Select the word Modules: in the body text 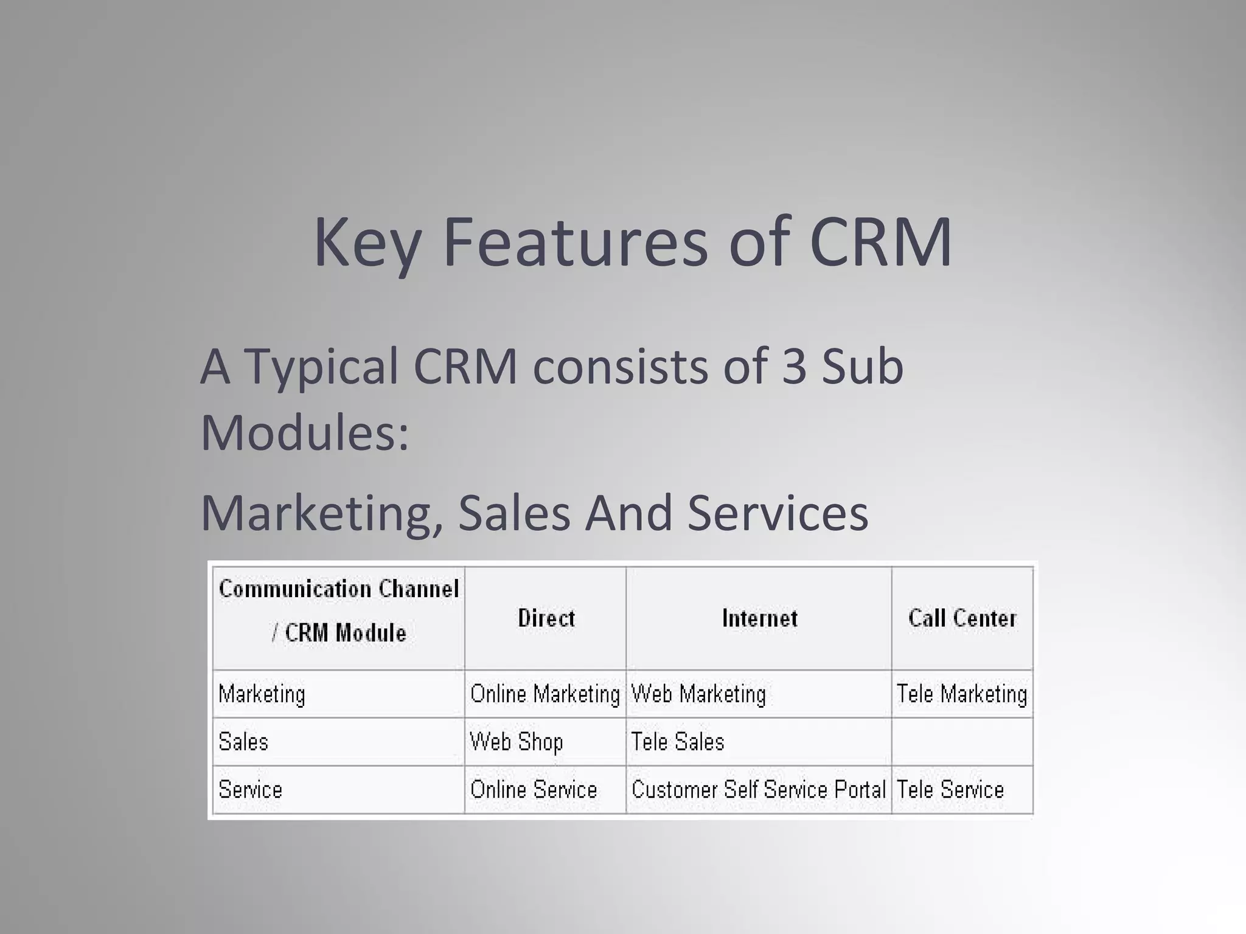[x=305, y=432]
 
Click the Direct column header [x=546, y=618]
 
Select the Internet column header [x=759, y=618]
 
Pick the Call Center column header [x=962, y=618]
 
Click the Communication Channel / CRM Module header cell [x=339, y=611]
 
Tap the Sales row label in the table [x=243, y=742]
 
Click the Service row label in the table [x=250, y=790]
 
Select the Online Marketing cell [x=545, y=694]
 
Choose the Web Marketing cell [x=698, y=694]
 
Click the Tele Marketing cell [x=962, y=694]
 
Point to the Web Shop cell [x=517, y=742]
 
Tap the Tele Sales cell [x=678, y=742]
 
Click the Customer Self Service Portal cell [x=759, y=790]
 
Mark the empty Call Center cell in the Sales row [x=962, y=742]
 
